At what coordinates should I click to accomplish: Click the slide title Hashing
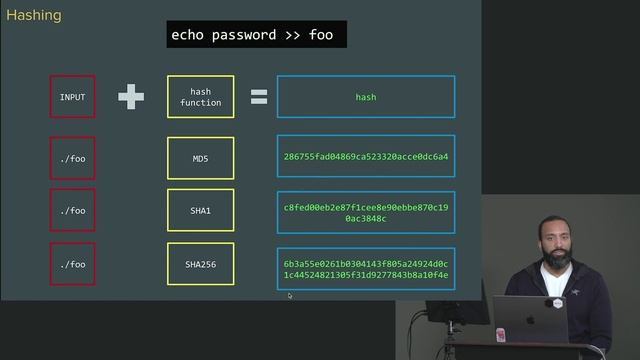[34, 16]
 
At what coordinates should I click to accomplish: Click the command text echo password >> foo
[257, 35]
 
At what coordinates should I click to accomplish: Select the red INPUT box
[73, 97]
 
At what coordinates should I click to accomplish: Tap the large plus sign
[131, 97]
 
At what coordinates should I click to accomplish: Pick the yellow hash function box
[201, 97]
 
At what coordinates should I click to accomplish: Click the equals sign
[258, 97]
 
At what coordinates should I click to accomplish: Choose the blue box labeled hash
[365, 97]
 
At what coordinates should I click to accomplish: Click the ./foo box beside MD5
[73, 156]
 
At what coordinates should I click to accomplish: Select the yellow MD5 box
[201, 156]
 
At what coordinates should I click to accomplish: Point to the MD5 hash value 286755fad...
[365, 156]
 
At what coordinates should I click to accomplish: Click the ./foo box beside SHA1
[73, 211]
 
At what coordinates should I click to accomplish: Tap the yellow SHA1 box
[201, 211]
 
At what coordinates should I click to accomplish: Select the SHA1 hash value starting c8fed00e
[365, 211]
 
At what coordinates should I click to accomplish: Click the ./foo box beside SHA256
[73, 264]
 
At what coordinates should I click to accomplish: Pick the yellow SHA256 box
[201, 264]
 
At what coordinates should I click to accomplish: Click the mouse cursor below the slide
[290, 295]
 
